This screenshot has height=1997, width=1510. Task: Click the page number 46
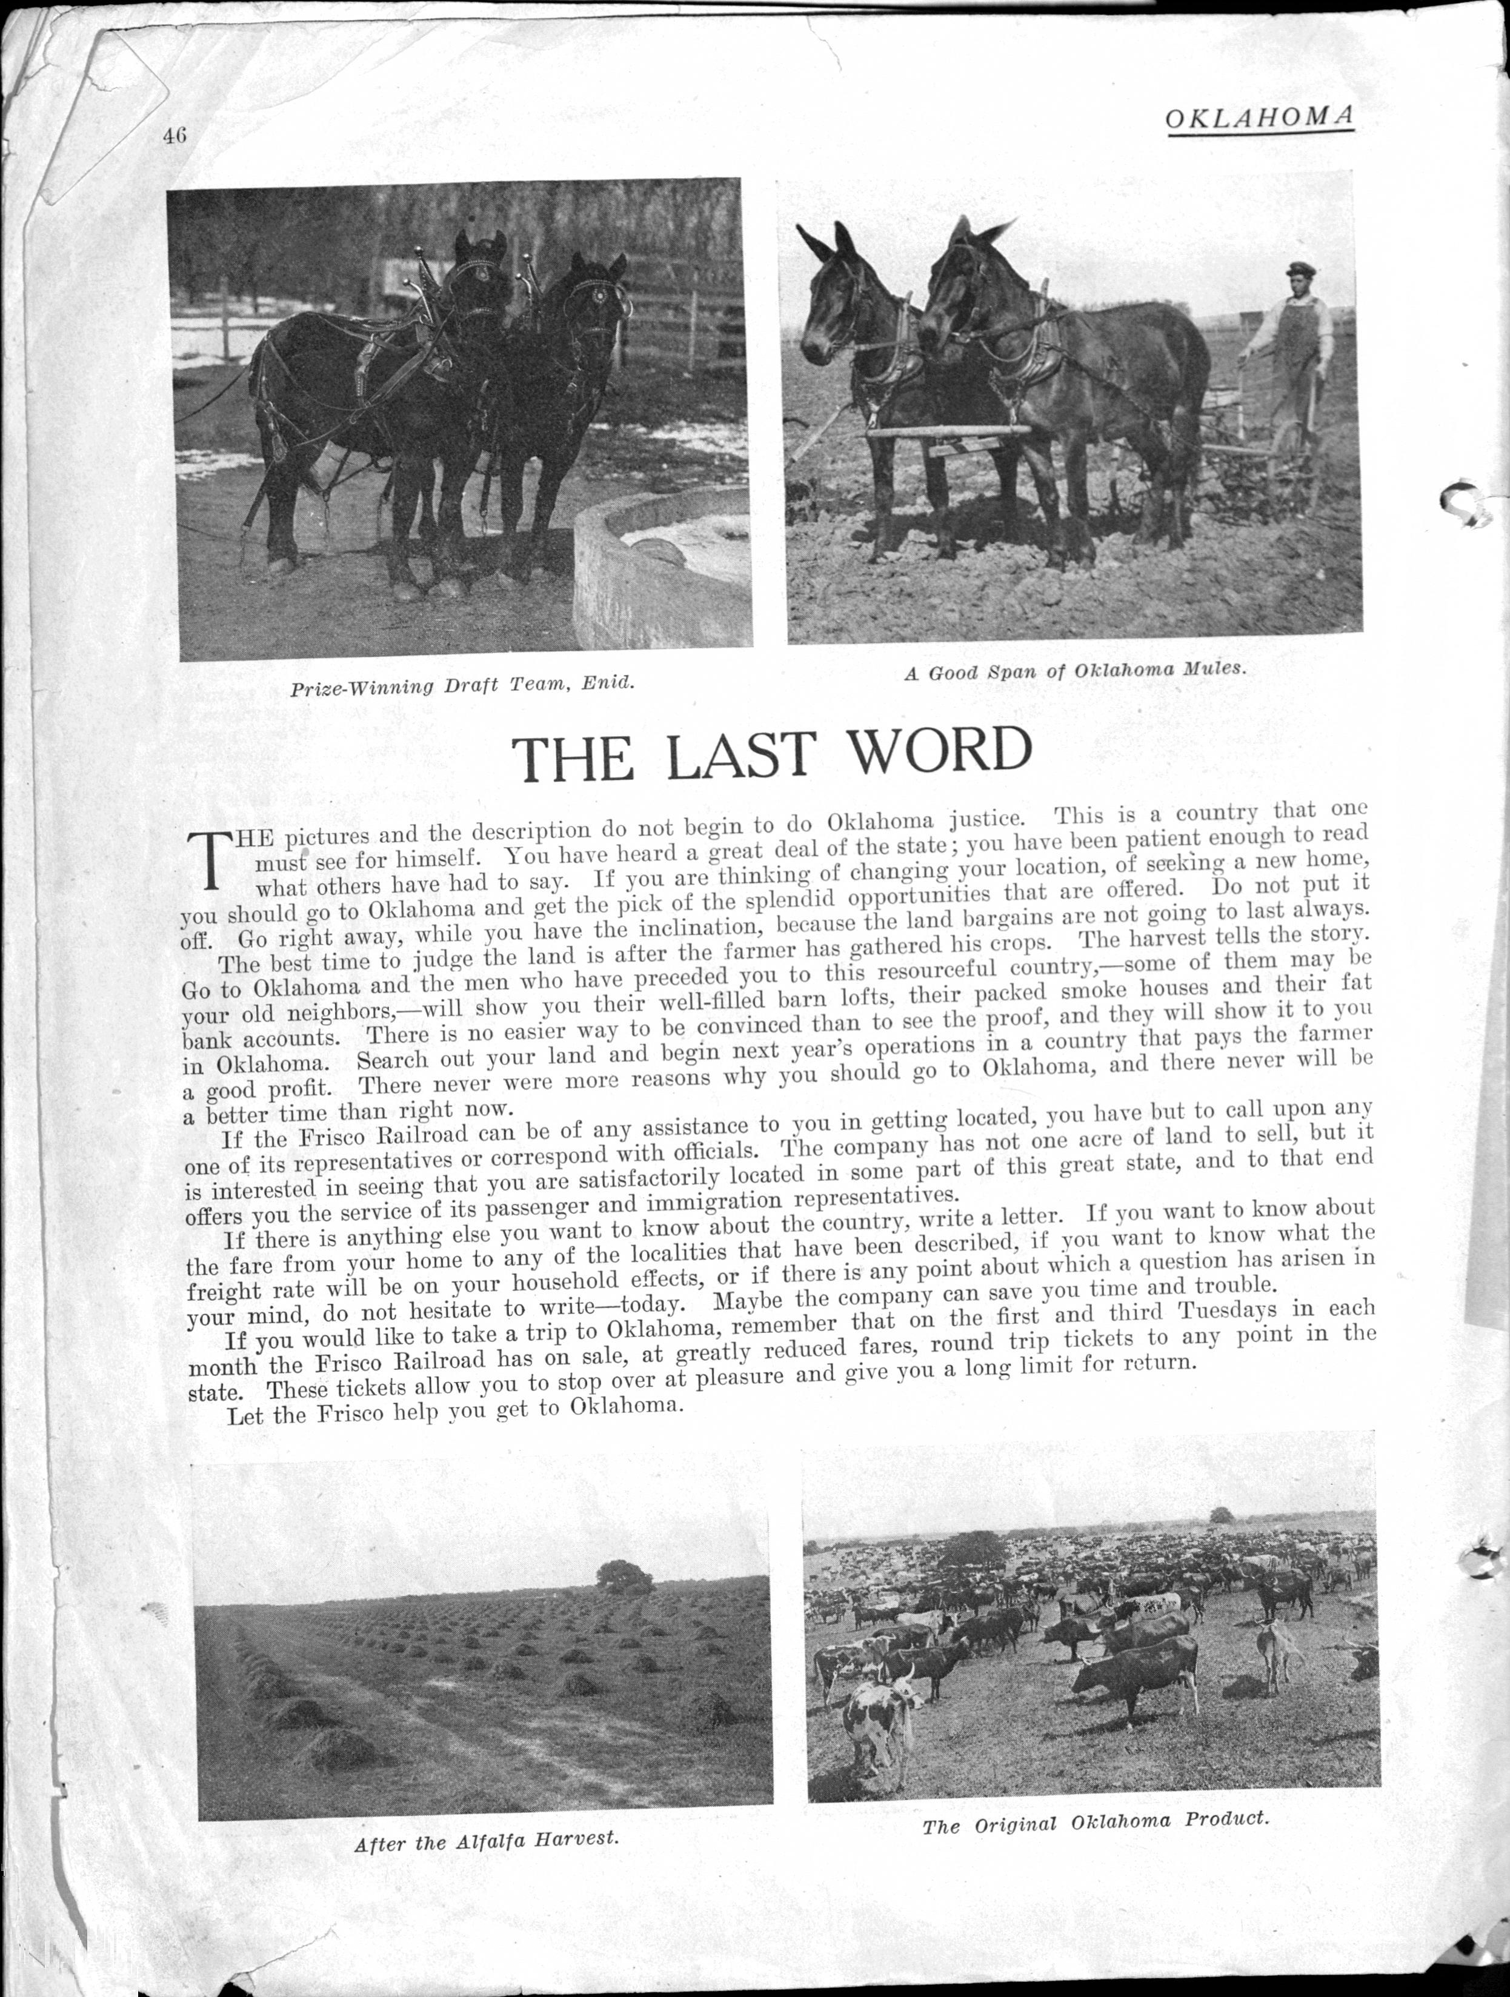coord(175,136)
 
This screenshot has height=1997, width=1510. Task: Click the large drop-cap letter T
coord(208,858)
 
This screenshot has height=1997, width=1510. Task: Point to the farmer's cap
coord(1299,267)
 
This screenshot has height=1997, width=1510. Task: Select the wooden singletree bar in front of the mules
coord(948,433)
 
